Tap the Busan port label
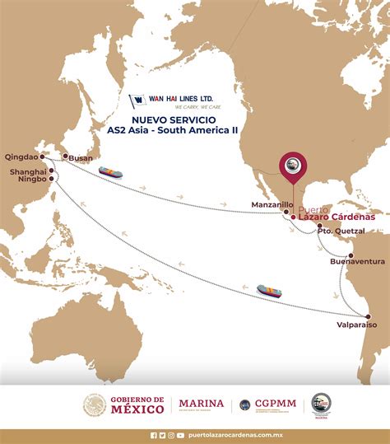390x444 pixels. pos(80,157)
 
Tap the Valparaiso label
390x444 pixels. pos(356,325)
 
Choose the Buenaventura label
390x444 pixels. pos(357,261)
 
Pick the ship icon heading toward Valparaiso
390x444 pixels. pos(269,291)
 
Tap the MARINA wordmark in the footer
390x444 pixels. pos(201,404)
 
